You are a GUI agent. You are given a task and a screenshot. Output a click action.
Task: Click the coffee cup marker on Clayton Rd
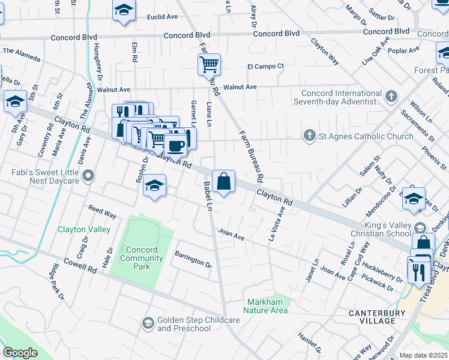pyautogui.click(x=175, y=145)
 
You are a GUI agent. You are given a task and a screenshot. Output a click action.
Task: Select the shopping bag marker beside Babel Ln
pyautogui.click(x=223, y=181)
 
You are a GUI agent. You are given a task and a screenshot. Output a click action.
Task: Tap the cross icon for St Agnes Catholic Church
pyautogui.click(x=310, y=136)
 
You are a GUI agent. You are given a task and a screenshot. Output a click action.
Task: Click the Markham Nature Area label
pyautogui.click(x=265, y=306)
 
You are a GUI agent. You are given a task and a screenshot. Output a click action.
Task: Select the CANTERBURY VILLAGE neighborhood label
pyautogui.click(x=372, y=317)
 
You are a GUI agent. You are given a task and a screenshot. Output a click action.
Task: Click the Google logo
pyautogui.click(x=20, y=352)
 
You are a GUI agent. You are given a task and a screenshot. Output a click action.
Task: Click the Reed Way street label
pyautogui.click(x=102, y=212)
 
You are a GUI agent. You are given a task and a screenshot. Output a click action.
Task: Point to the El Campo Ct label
pyautogui.click(x=265, y=66)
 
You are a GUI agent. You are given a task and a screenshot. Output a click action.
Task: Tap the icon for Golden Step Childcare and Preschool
pyautogui.click(x=148, y=324)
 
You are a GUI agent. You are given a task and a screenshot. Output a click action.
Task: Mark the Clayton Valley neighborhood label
pyautogui.click(x=84, y=229)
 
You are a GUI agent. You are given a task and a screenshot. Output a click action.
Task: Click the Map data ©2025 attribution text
pyautogui.click(x=423, y=355)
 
